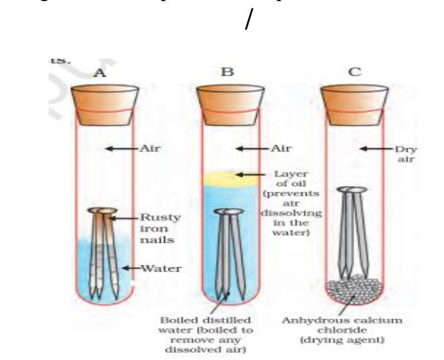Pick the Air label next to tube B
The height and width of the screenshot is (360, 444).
pos(281,149)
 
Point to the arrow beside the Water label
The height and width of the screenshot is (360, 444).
pos(131,268)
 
